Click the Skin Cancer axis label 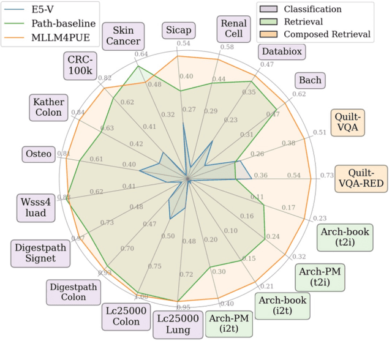pyautogui.click(x=123, y=36)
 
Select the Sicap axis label pyautogui.click(x=178, y=30)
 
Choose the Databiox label pyautogui.click(x=281, y=51)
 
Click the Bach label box pyautogui.click(x=310, y=80)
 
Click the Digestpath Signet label pyautogui.click(x=41, y=252)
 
